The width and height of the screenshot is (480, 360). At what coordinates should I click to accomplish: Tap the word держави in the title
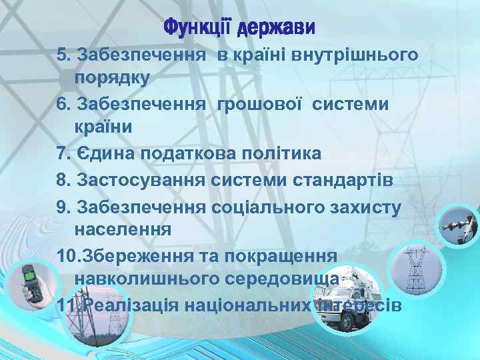[x=275, y=29]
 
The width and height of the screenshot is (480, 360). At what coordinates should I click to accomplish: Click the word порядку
[x=112, y=77]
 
